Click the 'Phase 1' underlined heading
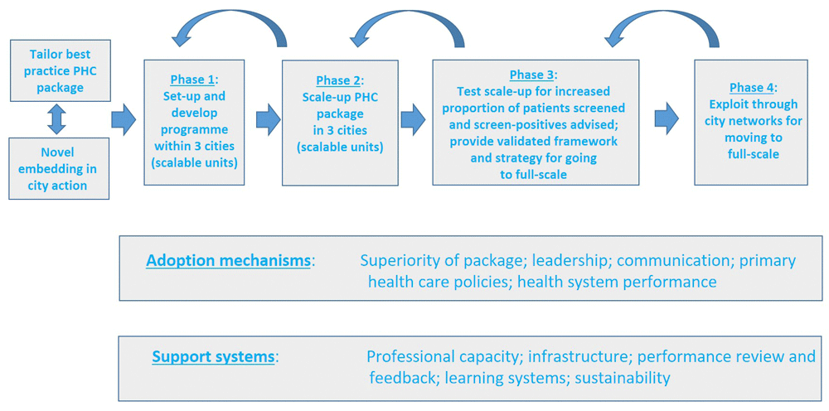pos(191,80)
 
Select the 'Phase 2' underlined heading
pos(338,80)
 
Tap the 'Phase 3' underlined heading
pos(531,75)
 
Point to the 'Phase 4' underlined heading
pos(751,88)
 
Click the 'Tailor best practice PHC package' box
pos(60,70)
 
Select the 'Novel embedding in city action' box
pos(59,168)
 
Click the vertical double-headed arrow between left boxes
pos(56,119)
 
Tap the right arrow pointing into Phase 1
pos(124,120)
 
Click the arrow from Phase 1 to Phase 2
pos(268,120)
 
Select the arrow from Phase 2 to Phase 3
pos(413,120)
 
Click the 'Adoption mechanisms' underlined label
pos(228,260)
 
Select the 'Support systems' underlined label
pos(213,357)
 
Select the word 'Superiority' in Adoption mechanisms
pos(401,260)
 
